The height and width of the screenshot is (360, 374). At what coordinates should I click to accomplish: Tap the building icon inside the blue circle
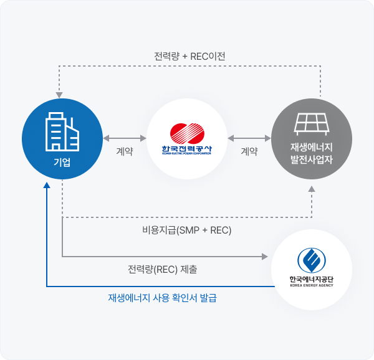[x=62, y=131]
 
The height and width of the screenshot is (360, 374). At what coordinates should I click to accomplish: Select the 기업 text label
[x=62, y=163]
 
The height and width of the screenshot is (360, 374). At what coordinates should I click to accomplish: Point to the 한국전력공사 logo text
[x=187, y=149]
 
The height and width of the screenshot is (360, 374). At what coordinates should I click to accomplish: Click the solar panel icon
[x=312, y=123]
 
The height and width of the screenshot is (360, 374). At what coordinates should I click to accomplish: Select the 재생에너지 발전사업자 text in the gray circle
[x=312, y=153]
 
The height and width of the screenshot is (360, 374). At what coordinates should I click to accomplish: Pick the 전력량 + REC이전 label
[x=189, y=56]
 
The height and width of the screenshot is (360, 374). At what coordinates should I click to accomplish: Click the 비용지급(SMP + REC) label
[x=186, y=230]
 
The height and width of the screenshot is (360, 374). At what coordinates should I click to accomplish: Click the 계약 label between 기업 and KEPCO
[x=125, y=151]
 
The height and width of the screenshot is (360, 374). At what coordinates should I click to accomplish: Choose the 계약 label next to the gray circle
[x=249, y=151]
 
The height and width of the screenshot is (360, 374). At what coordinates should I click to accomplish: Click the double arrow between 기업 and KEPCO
[x=125, y=137]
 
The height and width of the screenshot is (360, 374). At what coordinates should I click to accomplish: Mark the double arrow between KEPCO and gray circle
[x=249, y=137]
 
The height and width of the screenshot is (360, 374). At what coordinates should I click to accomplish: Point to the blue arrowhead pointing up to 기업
[x=47, y=185]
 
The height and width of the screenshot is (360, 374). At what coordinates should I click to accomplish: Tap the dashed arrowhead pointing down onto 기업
[x=58, y=95]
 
